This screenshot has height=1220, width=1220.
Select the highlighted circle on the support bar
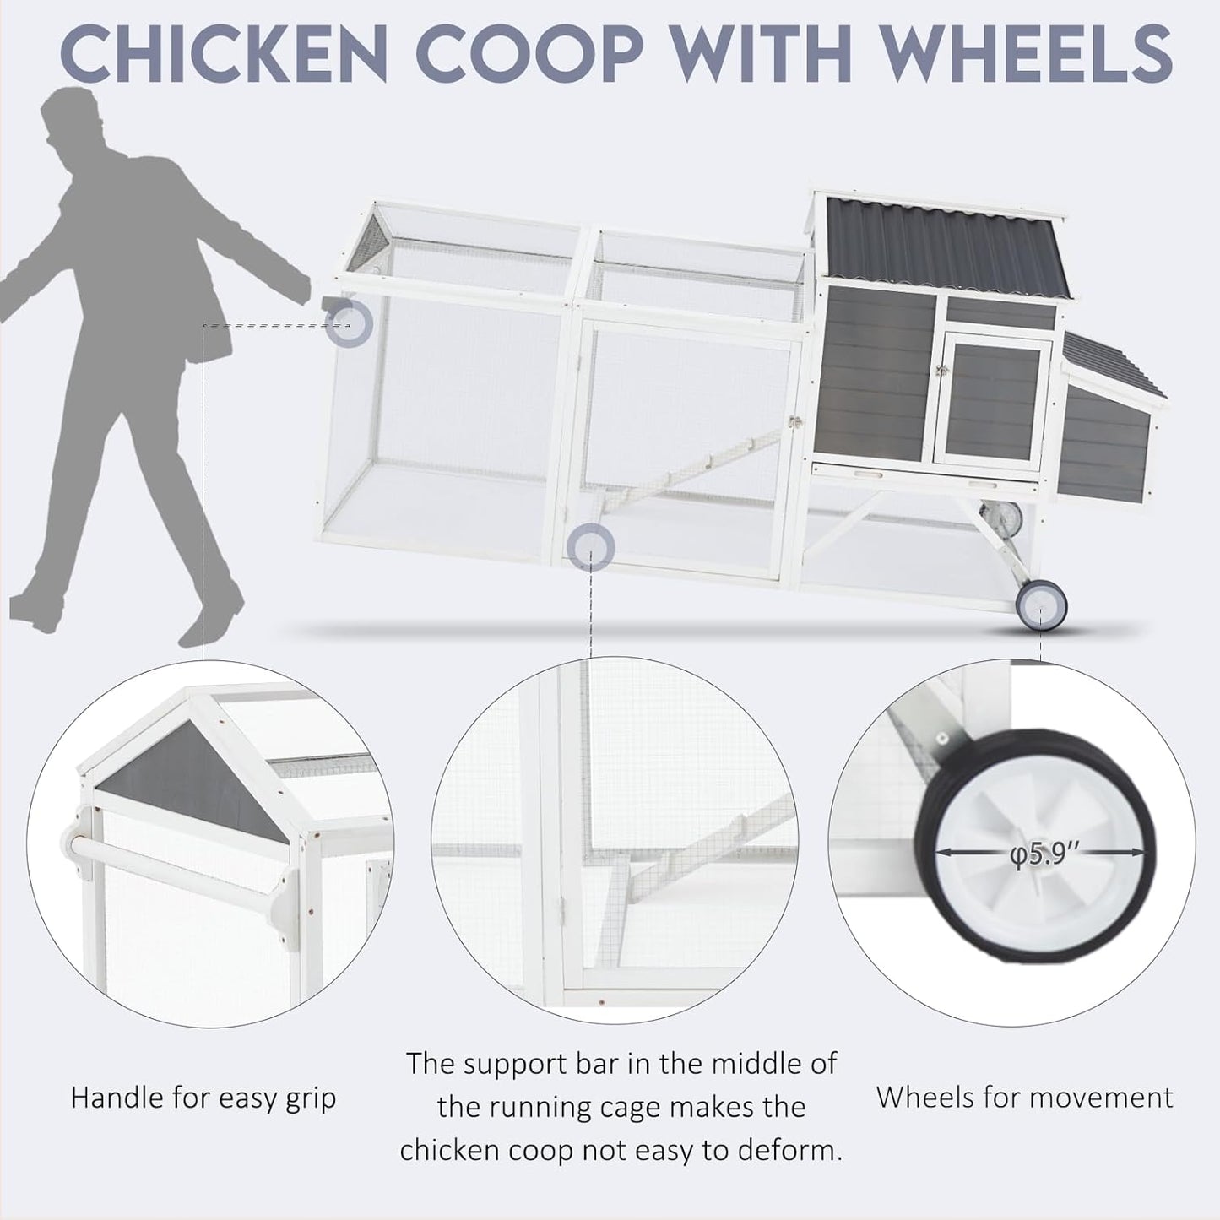pos(590,547)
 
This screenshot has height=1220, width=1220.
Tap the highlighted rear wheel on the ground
pos(1041,605)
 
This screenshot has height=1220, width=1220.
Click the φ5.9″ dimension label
pos(1044,854)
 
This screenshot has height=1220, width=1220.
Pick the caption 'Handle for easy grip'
pos(203,1098)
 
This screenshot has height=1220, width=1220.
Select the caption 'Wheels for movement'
pos(1024,1097)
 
